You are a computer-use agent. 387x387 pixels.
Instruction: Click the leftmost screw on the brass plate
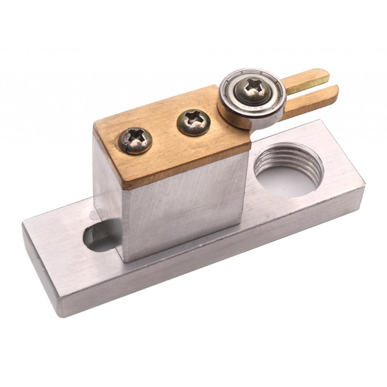coord(135,140)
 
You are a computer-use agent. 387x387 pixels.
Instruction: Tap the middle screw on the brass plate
coord(193,122)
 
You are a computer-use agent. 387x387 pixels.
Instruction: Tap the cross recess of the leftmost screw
coord(135,139)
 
